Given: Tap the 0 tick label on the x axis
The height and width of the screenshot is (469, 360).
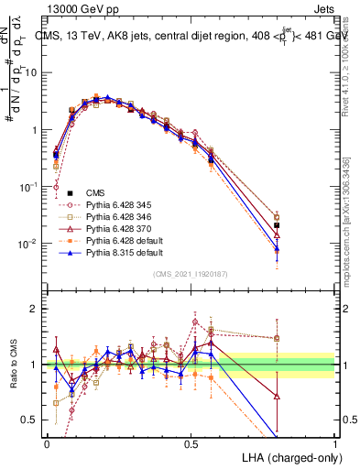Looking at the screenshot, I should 46,442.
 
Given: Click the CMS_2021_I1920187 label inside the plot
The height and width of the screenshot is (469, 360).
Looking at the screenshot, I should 191,274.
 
